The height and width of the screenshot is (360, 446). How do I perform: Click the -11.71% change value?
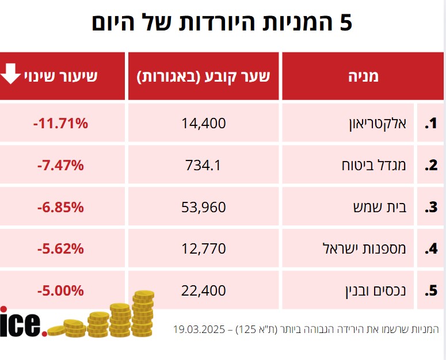point(60,122)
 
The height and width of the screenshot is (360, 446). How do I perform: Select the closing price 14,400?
point(203,122)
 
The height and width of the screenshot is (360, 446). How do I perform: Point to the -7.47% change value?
point(60,165)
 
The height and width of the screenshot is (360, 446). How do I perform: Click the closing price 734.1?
point(203,165)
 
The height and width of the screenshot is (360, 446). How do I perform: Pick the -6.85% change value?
point(60,207)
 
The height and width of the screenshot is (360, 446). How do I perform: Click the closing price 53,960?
point(203,207)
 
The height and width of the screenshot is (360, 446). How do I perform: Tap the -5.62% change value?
point(60,249)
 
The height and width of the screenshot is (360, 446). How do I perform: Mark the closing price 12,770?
point(203,249)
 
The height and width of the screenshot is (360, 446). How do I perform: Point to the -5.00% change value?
point(60,291)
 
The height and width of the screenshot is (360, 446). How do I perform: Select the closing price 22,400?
point(203,291)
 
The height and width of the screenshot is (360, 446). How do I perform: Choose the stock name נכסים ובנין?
point(372,292)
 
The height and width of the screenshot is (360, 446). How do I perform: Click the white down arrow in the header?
point(11,75)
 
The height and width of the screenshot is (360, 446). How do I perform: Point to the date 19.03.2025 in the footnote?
point(199,330)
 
